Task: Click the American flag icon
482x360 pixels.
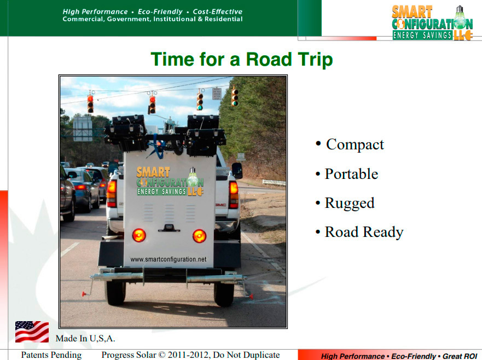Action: point(32,332)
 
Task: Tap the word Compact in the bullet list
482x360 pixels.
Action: point(355,144)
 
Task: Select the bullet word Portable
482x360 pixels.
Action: point(351,174)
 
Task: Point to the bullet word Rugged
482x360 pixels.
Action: point(350,203)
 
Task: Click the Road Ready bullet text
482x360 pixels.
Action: point(364,233)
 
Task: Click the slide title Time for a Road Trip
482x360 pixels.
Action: point(242,59)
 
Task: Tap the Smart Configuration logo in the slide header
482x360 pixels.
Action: point(432,23)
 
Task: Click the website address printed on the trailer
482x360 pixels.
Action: point(169,259)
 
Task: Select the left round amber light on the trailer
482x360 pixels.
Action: point(139,235)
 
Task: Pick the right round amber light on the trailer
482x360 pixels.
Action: point(199,236)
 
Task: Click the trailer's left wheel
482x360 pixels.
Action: point(115,292)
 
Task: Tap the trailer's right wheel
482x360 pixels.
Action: point(224,294)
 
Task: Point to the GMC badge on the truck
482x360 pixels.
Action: point(220,205)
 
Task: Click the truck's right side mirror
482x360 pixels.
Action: point(237,171)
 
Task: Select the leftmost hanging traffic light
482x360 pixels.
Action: point(90,104)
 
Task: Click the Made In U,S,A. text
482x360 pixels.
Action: point(85,339)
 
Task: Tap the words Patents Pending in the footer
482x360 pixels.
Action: point(51,355)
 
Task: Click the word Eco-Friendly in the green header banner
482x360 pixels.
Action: point(160,11)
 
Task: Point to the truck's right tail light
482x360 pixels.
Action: point(233,195)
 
